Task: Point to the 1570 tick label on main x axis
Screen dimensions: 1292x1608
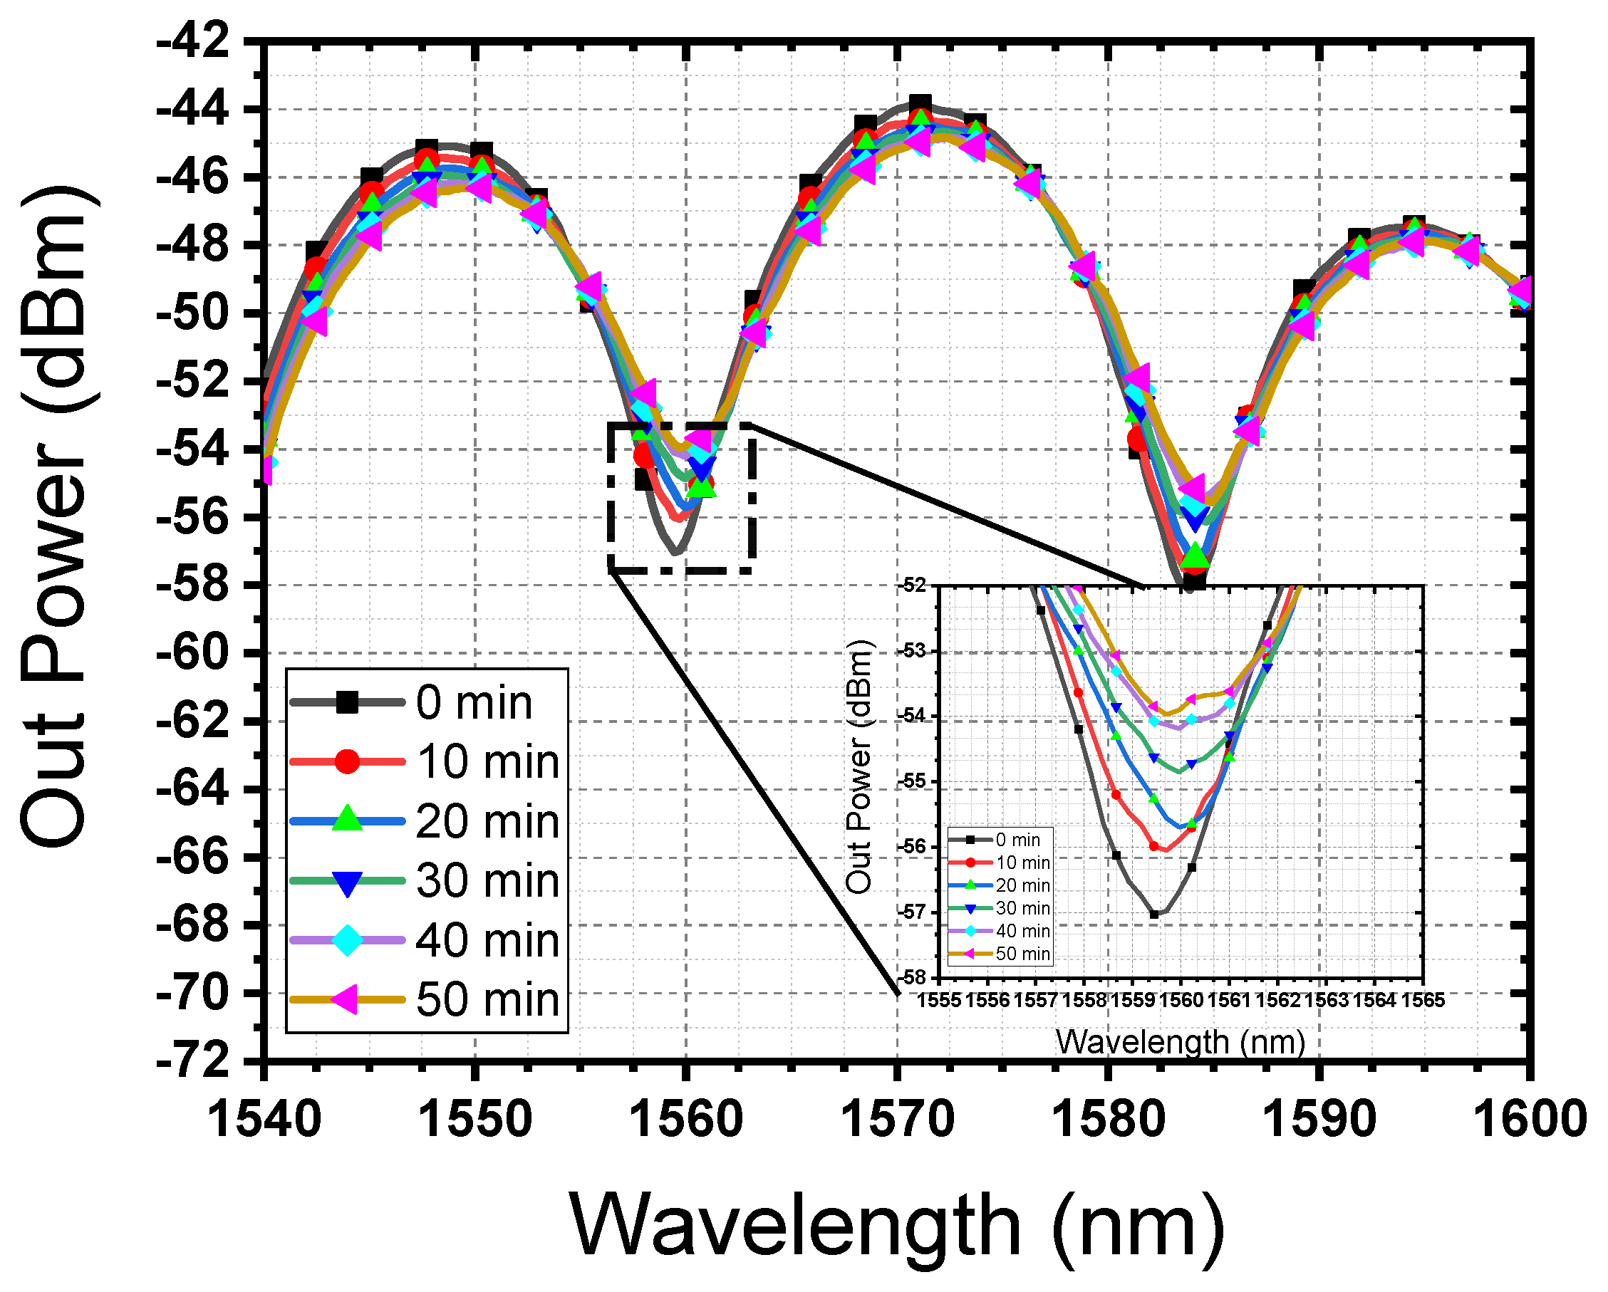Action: (897, 1119)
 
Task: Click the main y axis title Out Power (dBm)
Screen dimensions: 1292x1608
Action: (56, 514)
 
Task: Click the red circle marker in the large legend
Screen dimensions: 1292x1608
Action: (347, 761)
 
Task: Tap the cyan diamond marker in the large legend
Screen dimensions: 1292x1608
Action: (347, 940)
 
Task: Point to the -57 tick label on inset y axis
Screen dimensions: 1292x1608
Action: (914, 912)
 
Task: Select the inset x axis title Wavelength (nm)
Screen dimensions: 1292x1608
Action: (1181, 1042)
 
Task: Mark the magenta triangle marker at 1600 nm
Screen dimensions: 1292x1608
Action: (1520, 291)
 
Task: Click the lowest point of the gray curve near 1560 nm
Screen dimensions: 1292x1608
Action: (675, 553)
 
